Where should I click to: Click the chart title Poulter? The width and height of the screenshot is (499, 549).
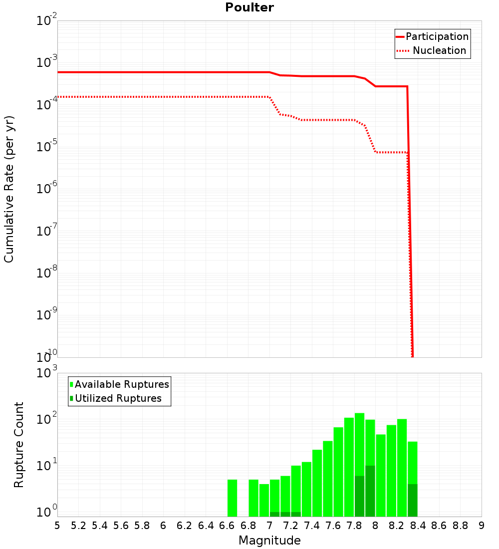(x=249, y=7)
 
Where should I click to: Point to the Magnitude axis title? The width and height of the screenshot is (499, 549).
(x=269, y=540)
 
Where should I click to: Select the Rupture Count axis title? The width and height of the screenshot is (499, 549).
(x=19, y=445)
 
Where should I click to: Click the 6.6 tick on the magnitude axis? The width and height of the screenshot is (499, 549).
(x=227, y=526)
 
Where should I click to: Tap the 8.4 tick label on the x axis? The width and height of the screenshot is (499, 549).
(x=418, y=526)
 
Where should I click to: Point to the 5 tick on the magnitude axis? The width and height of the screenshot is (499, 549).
(x=57, y=526)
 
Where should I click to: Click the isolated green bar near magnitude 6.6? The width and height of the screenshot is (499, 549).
(x=232, y=498)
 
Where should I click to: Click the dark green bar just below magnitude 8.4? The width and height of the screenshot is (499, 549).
(x=412, y=500)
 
